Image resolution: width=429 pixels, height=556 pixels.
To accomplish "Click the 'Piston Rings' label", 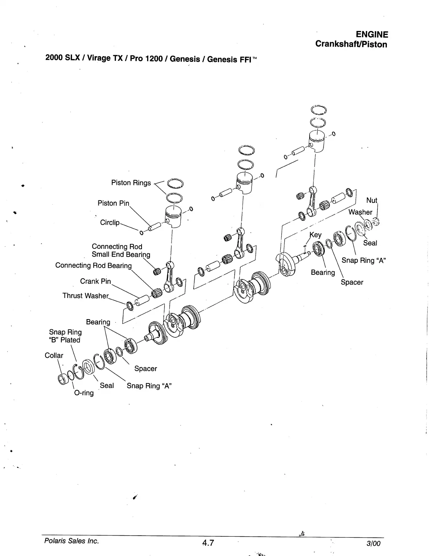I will click(131, 183).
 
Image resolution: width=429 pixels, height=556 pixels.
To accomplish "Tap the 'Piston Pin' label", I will click(113, 203).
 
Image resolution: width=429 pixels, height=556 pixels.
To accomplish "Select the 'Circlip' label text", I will click(110, 222).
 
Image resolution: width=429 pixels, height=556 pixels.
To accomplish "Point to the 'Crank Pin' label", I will click(95, 282).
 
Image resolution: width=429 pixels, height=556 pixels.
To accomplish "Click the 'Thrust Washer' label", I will click(85, 296).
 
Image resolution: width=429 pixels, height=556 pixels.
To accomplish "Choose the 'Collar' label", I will click(54, 355).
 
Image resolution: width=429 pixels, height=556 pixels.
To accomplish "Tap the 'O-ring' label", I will click(84, 393).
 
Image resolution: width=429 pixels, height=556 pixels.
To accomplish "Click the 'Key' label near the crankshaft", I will click(315, 235).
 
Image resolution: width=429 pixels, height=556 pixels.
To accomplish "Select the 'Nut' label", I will click(371, 200).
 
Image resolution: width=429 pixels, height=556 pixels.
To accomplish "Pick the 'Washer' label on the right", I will click(360, 212).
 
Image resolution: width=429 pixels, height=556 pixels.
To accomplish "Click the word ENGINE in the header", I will click(372, 34).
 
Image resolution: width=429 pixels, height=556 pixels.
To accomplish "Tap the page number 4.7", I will click(208, 543).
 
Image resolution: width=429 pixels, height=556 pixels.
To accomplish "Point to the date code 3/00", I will click(373, 543).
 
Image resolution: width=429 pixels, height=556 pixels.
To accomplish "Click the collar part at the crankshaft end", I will click(63, 380).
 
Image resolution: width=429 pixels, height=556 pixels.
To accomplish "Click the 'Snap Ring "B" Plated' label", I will click(65, 336).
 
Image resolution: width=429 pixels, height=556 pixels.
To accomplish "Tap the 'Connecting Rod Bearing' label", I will click(93, 266).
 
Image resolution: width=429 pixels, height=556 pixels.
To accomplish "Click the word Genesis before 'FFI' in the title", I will click(221, 59).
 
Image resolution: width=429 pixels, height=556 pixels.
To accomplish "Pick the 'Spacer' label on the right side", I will click(352, 282).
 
